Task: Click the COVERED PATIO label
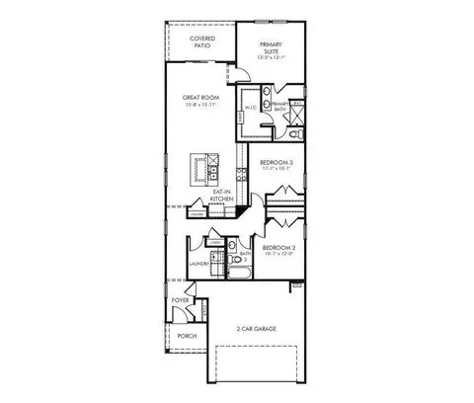[202, 41]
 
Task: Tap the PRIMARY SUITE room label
[272, 47]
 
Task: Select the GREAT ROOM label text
[200, 98]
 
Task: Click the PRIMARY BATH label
[279, 106]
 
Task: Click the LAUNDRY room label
[201, 264]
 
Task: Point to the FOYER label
[181, 299]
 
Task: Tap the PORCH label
[187, 336]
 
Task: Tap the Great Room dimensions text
[200, 106]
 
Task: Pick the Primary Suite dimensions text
[272, 56]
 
